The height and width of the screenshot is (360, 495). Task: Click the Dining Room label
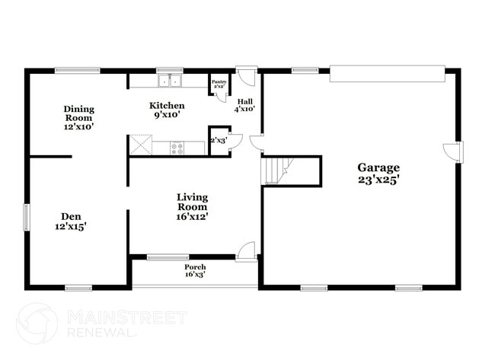78,114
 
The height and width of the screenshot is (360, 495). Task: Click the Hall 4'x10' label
244,105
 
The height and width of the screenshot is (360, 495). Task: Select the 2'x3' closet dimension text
218,140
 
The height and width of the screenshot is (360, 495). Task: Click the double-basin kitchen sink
170,80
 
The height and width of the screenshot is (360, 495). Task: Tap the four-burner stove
177,148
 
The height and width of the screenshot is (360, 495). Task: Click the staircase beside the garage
276,170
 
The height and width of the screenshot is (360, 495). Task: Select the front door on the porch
245,251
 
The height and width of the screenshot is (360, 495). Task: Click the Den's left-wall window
27,216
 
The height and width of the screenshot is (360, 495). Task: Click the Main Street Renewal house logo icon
36,323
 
